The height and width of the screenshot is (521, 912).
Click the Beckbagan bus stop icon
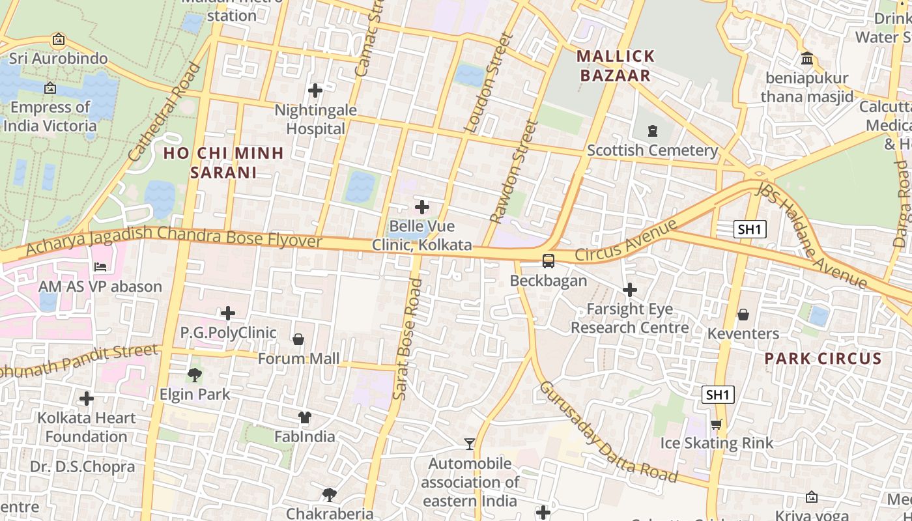click(x=549, y=261)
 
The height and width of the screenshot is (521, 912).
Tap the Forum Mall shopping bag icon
click(x=298, y=339)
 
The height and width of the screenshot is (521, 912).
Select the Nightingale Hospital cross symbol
click(x=315, y=91)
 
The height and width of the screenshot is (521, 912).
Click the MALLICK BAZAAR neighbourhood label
click(x=616, y=66)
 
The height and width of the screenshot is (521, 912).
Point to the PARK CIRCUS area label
click(x=823, y=358)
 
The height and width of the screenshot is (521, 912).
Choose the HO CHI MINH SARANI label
click(x=223, y=163)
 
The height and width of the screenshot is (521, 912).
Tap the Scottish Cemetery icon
click(x=653, y=131)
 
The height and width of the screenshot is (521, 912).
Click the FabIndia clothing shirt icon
click(x=305, y=417)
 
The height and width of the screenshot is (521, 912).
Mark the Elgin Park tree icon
click(x=194, y=374)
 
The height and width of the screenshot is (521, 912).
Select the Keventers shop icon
click(x=743, y=315)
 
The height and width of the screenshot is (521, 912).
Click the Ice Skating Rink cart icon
click(x=716, y=424)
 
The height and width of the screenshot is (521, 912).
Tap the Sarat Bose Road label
click(x=409, y=339)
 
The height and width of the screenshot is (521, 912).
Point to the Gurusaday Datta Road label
click(x=608, y=432)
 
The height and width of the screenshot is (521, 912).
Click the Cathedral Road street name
click(x=165, y=112)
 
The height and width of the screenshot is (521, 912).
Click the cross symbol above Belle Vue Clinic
click(x=422, y=207)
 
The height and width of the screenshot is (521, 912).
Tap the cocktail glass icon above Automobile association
click(x=469, y=444)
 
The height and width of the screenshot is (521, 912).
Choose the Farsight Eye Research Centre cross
click(x=630, y=289)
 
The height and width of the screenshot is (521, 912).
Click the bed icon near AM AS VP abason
click(x=100, y=266)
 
